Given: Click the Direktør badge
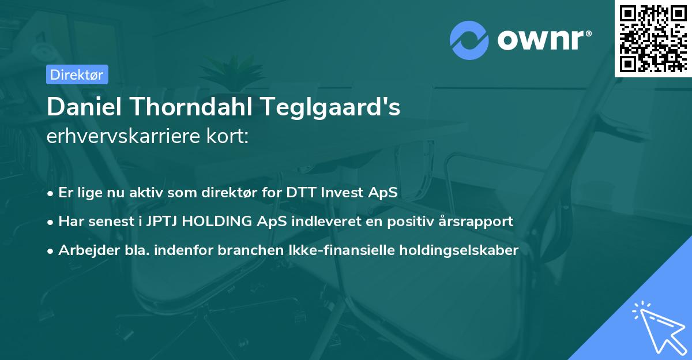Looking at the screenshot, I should pos(77,74).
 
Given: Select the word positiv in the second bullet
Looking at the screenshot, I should pos(413,221).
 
